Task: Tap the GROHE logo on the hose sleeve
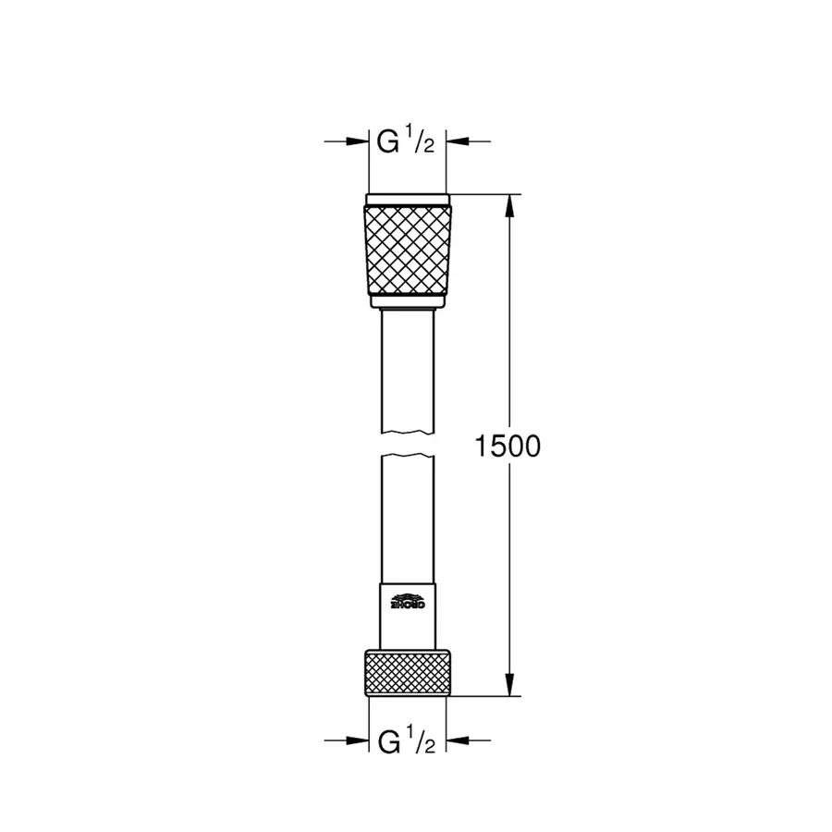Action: click(408, 601)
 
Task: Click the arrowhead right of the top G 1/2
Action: click(459, 141)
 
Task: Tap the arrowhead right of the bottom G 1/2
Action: click(459, 740)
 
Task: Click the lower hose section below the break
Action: click(408, 518)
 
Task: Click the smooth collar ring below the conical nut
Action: click(408, 301)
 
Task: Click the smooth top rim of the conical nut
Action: click(408, 200)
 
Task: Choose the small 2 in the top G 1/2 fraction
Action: click(429, 149)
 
